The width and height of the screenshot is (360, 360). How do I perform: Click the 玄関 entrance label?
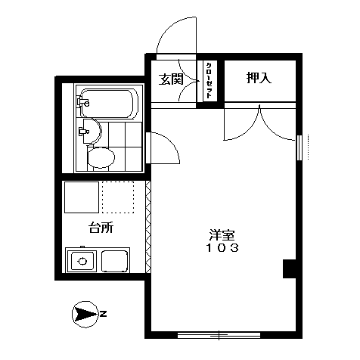(x=171, y=79)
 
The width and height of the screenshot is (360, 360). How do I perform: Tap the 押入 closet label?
(x=259, y=77)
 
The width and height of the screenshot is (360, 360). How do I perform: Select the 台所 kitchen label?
(x=101, y=228)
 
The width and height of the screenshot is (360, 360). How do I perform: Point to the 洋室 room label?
(x=222, y=235)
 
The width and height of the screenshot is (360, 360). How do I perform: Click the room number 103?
(x=222, y=248)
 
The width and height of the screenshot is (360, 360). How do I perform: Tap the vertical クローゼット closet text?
(x=209, y=80)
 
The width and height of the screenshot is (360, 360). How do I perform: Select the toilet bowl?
(x=101, y=157)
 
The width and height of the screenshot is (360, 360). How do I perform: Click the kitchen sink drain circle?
(x=82, y=261)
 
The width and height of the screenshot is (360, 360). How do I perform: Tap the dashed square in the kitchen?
(x=118, y=197)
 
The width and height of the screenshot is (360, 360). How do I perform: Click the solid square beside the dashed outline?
(x=82, y=197)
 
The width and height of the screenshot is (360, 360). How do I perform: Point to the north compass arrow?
(x=85, y=314)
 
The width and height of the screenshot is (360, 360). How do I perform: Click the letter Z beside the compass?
(x=103, y=314)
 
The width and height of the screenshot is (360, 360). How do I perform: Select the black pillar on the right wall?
(x=290, y=268)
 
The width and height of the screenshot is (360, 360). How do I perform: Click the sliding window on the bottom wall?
(x=219, y=335)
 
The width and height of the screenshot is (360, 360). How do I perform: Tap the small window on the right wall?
(x=299, y=147)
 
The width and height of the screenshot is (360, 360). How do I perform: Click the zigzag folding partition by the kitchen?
(x=148, y=227)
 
